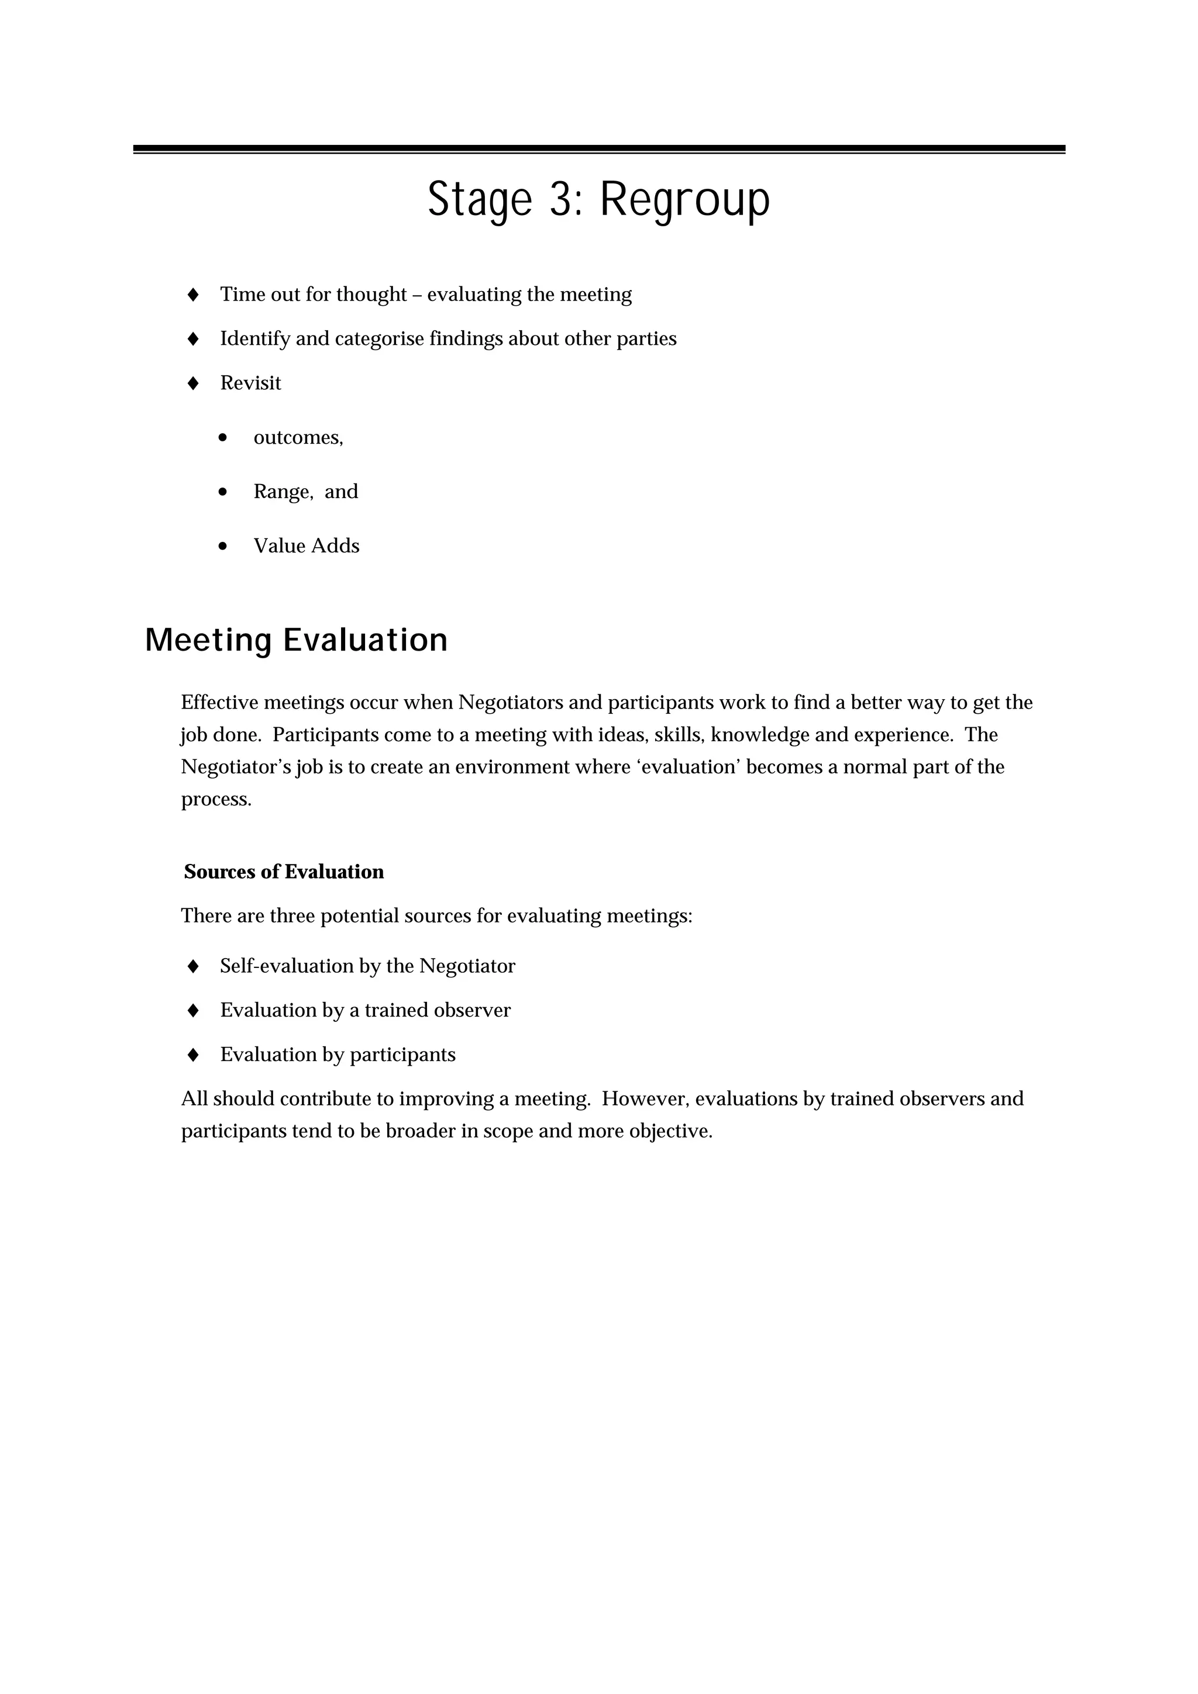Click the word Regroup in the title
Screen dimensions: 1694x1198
(x=684, y=199)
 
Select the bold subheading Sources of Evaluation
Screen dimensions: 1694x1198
(x=284, y=872)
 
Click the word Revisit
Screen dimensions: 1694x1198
(x=250, y=383)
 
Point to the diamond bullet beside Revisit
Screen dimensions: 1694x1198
(x=194, y=383)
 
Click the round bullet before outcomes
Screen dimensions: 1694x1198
(x=223, y=437)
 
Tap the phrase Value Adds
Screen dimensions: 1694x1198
(x=307, y=546)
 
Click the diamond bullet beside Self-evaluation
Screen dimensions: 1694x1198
(x=194, y=966)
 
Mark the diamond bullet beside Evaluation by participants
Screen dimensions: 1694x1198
(x=194, y=1055)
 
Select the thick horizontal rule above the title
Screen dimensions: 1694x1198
(x=598, y=149)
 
